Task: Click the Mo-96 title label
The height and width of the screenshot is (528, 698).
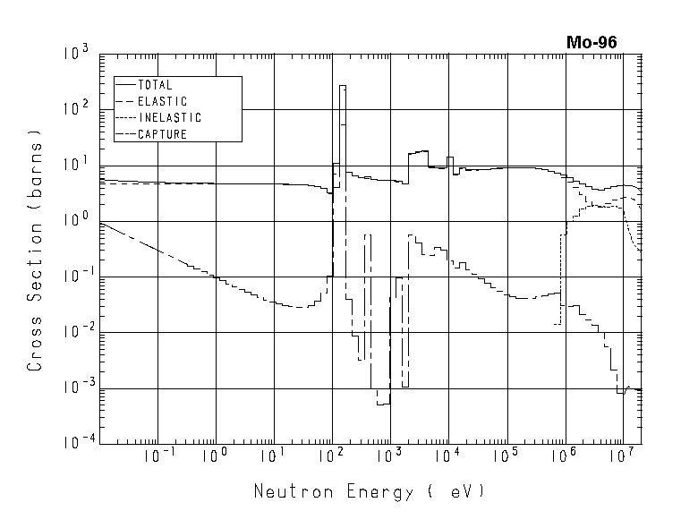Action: [x=591, y=42]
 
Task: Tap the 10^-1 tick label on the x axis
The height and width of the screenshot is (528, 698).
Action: [x=156, y=457]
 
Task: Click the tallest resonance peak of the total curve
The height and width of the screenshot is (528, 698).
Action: [x=343, y=86]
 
